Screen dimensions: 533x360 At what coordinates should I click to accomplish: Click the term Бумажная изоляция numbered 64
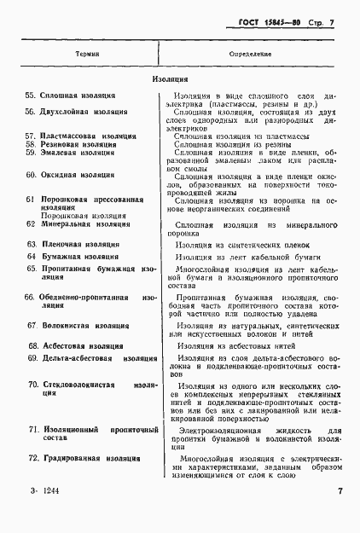click(83, 257)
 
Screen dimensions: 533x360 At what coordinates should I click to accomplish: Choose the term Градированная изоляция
click(89, 459)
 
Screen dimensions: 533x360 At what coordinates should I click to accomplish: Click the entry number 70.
click(33, 385)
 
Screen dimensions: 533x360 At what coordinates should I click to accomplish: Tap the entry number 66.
click(29, 298)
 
